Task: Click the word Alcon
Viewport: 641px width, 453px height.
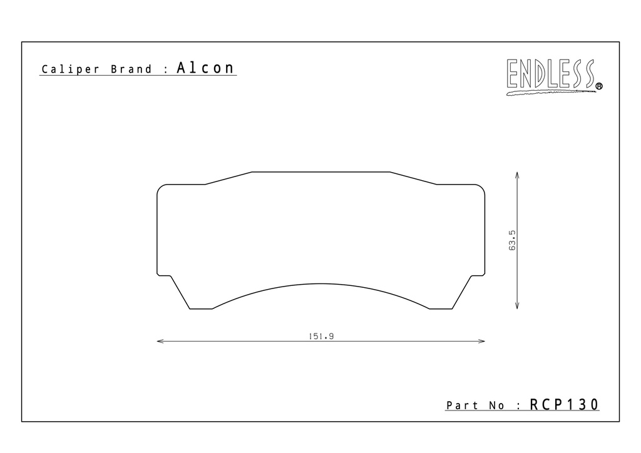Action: [205, 68]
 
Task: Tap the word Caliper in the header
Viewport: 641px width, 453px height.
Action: [70, 69]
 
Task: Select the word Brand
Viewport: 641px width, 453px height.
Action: [131, 69]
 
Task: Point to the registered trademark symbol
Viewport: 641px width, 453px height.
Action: [599, 86]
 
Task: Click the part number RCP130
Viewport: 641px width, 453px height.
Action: [564, 404]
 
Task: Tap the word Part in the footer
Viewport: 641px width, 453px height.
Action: [463, 405]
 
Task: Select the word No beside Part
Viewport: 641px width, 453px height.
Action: [496, 405]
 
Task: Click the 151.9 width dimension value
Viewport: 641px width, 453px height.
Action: [321, 336]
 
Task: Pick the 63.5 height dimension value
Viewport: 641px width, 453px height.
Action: [512, 240]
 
